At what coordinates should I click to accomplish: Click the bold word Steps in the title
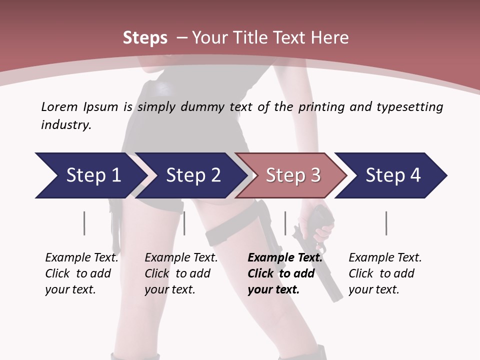(145, 38)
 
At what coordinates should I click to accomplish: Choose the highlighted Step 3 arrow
(293, 175)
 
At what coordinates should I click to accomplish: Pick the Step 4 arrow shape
(393, 175)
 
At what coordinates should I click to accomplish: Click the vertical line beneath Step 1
(84, 223)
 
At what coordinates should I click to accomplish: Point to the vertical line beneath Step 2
(184, 223)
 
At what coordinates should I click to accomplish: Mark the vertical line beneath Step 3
(285, 223)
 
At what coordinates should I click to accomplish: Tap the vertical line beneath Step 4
(386, 223)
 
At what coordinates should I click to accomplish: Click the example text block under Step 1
(81, 273)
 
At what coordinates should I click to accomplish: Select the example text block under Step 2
(181, 273)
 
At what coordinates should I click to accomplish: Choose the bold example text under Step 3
(285, 273)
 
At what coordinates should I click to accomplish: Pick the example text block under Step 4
(385, 273)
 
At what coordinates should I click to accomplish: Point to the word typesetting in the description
(409, 106)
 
